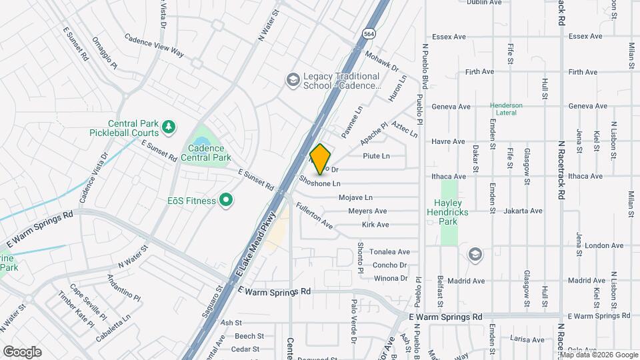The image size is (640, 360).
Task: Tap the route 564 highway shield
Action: (368, 33)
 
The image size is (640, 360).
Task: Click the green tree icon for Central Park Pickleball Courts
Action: (169, 125)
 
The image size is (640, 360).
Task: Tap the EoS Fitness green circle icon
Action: (225, 201)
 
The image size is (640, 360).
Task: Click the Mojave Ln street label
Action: (355, 198)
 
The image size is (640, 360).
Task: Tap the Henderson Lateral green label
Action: (506, 109)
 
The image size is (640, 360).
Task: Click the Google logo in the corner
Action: (22, 352)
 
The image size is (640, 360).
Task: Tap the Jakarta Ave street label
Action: (523, 211)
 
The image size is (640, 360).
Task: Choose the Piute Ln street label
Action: (376, 156)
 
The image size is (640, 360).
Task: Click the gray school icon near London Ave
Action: (475, 254)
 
